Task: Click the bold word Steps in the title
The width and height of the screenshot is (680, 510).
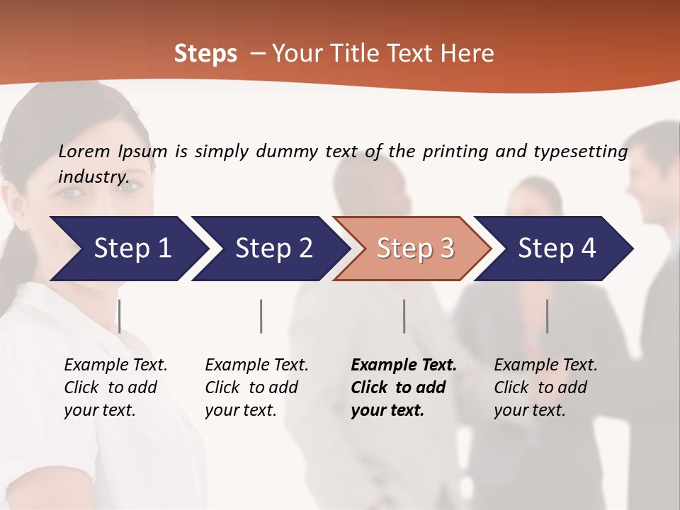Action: click(205, 54)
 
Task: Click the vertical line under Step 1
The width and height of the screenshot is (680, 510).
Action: click(119, 316)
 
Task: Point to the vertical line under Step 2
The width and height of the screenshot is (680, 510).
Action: click(261, 316)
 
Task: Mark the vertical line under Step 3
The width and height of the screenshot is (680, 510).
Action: click(404, 316)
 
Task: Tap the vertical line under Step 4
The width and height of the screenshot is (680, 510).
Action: click(547, 316)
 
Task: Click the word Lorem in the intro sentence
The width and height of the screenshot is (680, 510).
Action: click(84, 151)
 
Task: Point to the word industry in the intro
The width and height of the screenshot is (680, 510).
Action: click(93, 176)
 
